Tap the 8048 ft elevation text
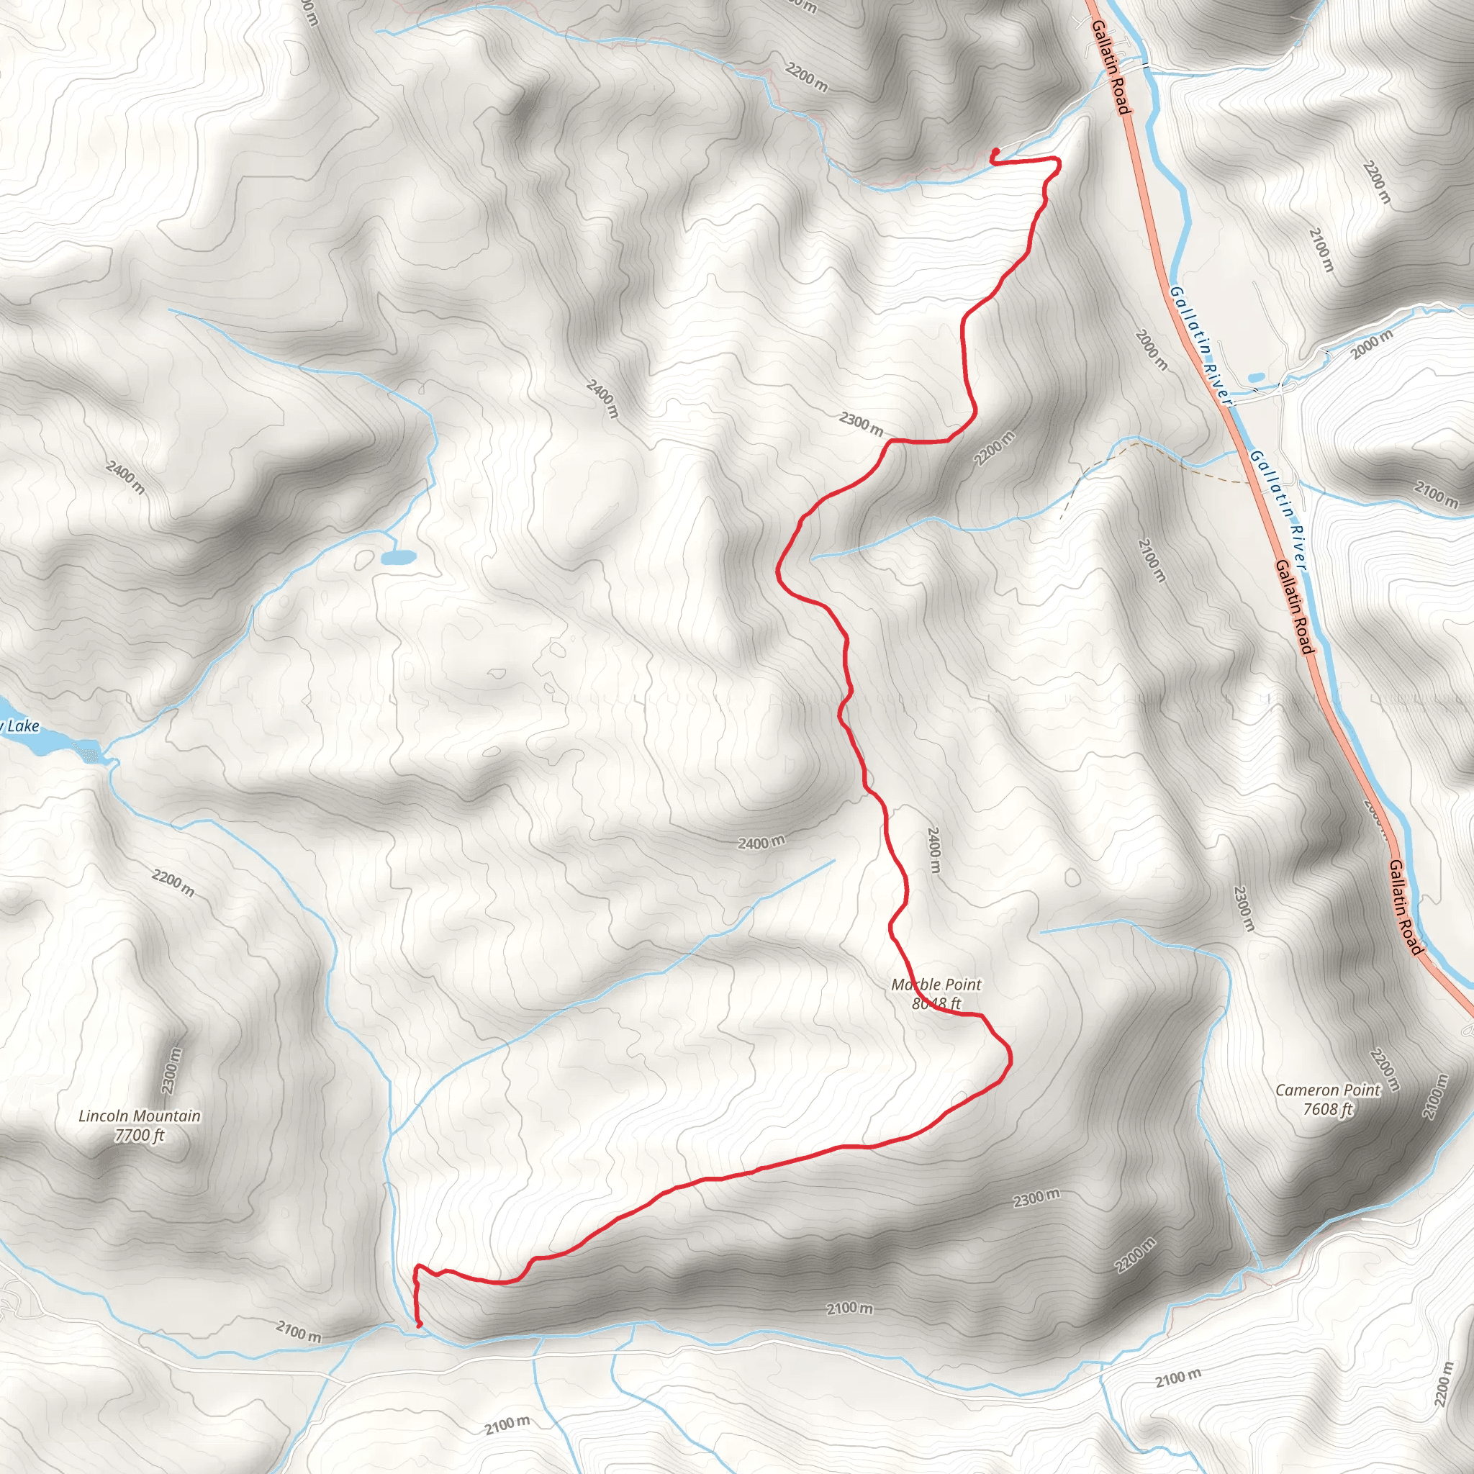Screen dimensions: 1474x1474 click(x=936, y=1003)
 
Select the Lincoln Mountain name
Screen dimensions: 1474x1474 click(x=140, y=1116)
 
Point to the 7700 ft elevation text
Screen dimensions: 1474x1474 click(x=140, y=1135)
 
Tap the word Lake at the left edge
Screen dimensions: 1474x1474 click(x=22, y=725)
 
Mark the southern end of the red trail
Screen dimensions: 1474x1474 click(x=420, y=1326)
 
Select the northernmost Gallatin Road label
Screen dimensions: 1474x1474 click(x=1110, y=67)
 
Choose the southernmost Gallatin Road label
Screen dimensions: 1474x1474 click(x=1406, y=907)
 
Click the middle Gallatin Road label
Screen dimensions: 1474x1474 click(x=1296, y=607)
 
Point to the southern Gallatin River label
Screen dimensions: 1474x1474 click(x=1280, y=510)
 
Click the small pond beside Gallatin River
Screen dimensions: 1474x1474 click(x=1255, y=378)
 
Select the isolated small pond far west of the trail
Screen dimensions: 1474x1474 click(x=398, y=558)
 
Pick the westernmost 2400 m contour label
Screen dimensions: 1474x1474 click(x=126, y=476)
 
